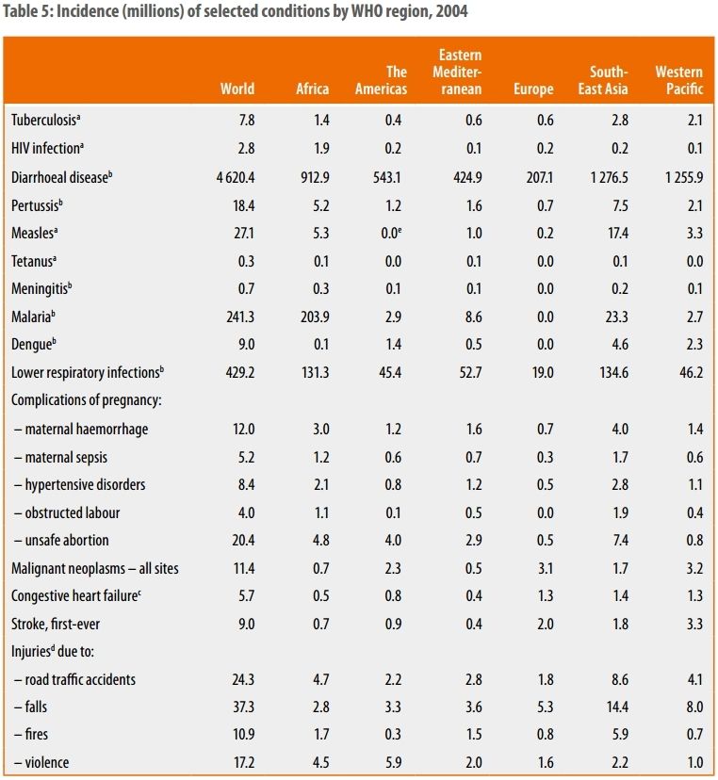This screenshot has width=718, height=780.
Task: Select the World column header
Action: click(x=237, y=89)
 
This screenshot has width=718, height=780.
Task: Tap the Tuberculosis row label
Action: click(x=45, y=120)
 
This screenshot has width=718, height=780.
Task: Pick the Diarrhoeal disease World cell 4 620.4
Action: click(x=229, y=176)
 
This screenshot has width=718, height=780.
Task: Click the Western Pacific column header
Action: click(x=678, y=80)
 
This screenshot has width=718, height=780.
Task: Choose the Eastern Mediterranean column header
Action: click(x=459, y=72)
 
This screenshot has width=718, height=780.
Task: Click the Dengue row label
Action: click(x=34, y=346)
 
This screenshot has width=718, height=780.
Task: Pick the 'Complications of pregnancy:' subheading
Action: click(x=86, y=400)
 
